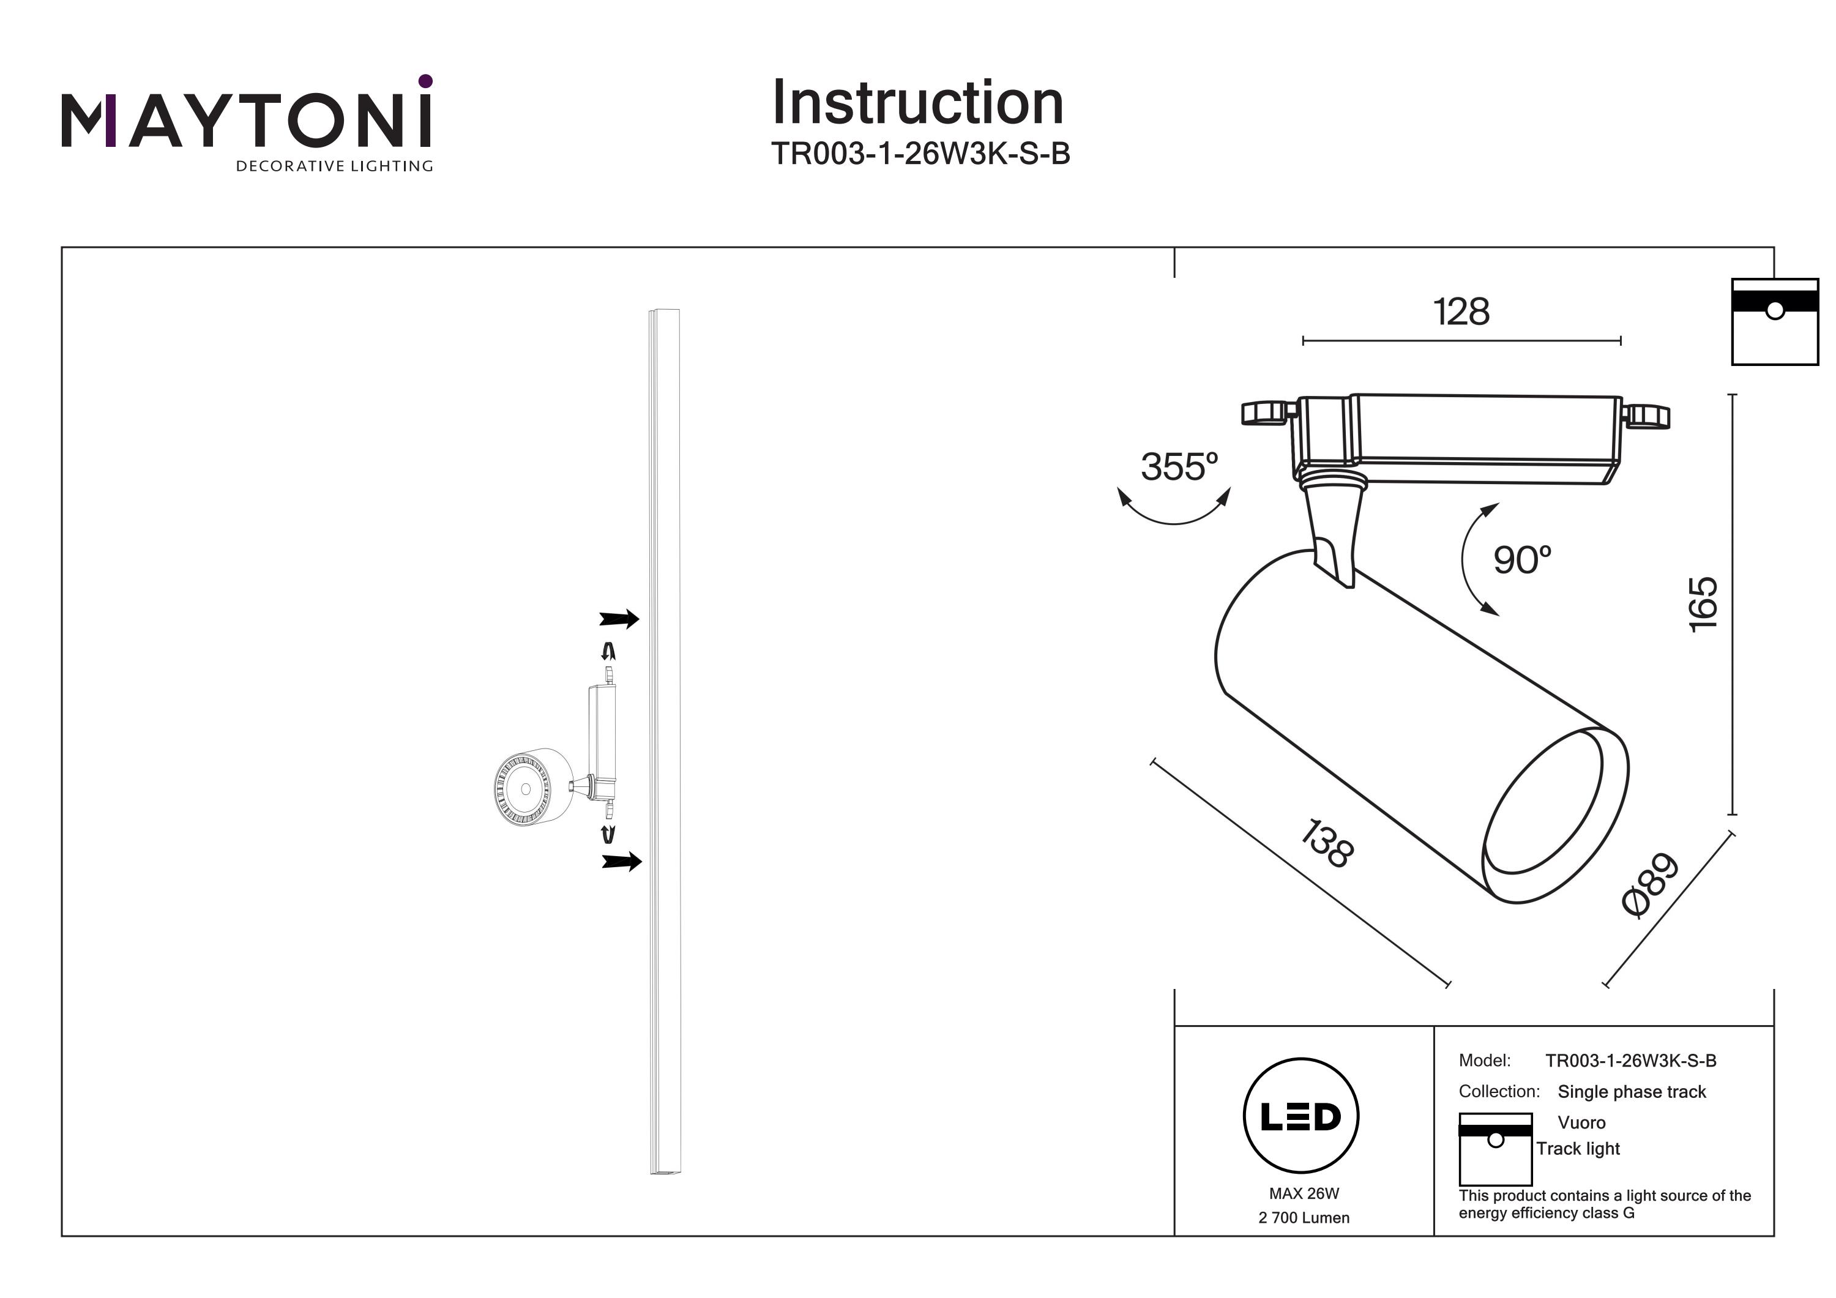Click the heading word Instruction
pyautogui.click(x=917, y=103)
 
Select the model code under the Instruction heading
pyautogui.click(x=920, y=154)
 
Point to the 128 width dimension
pyautogui.click(x=1461, y=312)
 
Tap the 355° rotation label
pyautogui.click(x=1179, y=467)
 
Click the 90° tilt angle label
pyautogui.click(x=1521, y=560)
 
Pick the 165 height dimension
pyautogui.click(x=1703, y=604)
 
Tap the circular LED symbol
pyautogui.click(x=1301, y=1116)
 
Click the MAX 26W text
pyautogui.click(x=1304, y=1193)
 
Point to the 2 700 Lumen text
pyautogui.click(x=1304, y=1217)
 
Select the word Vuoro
pyautogui.click(x=1581, y=1122)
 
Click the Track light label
pyautogui.click(x=1578, y=1149)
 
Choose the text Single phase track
pyautogui.click(x=1632, y=1092)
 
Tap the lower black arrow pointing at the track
pyautogui.click(x=621, y=860)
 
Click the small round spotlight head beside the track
pyautogui.click(x=525, y=789)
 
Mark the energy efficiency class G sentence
pyautogui.click(x=1604, y=1204)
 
